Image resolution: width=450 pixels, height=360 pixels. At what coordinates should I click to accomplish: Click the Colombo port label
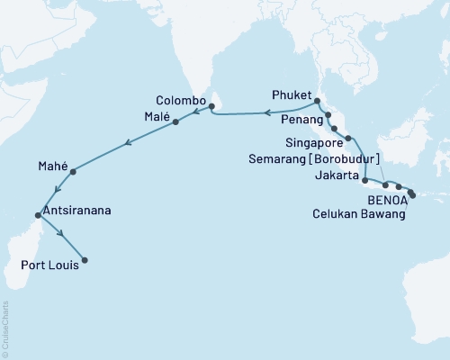click(x=181, y=100)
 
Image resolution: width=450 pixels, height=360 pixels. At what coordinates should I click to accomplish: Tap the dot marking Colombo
click(x=211, y=107)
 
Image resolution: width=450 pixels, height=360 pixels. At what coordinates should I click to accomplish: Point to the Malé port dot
click(x=175, y=121)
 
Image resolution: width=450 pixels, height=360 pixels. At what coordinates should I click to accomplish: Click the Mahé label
click(x=52, y=166)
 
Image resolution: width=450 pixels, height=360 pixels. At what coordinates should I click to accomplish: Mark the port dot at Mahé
click(x=73, y=171)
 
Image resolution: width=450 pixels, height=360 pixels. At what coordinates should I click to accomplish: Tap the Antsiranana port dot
click(x=37, y=215)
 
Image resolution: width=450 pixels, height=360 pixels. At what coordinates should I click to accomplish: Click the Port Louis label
click(x=49, y=265)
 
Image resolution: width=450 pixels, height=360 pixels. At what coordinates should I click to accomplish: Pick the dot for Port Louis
click(x=85, y=261)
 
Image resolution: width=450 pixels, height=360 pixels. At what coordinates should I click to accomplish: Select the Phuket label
click(x=289, y=94)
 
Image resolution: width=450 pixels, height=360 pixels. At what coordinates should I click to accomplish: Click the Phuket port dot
click(x=317, y=100)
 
